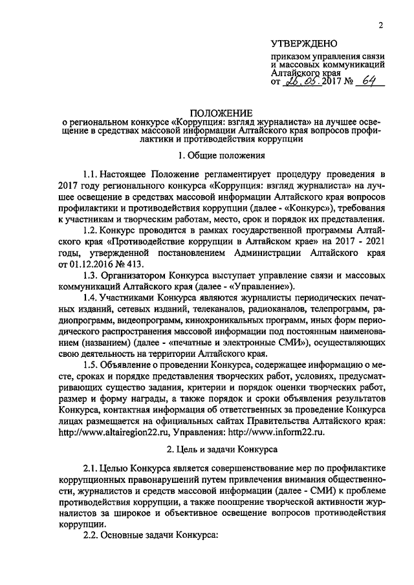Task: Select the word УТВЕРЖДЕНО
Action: pos(303,44)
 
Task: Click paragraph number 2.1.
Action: pos(92,469)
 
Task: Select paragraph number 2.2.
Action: pos(92,536)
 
